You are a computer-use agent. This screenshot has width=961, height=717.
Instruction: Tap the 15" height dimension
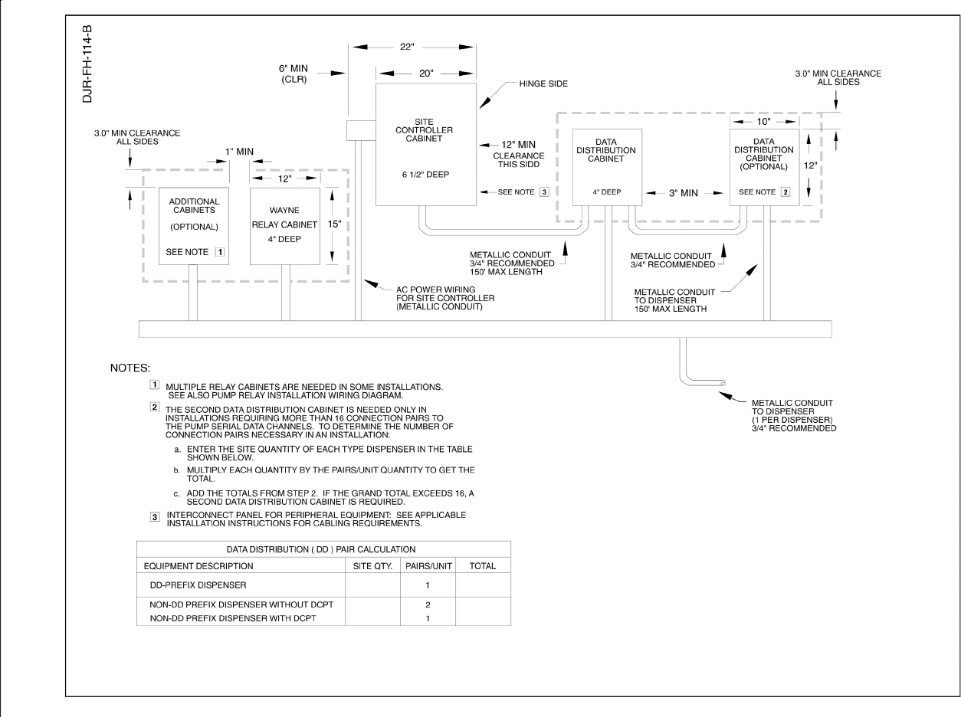coord(333,225)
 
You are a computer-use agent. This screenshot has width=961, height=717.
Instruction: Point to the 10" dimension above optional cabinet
coord(764,121)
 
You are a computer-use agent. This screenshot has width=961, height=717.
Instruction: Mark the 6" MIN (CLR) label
coord(294,74)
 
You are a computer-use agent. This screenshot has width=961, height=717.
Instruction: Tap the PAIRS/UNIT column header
coord(427,566)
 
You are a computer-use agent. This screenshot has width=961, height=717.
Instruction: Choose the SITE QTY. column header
coord(372,566)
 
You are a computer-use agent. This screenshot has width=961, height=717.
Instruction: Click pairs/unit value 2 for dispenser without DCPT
coord(427,605)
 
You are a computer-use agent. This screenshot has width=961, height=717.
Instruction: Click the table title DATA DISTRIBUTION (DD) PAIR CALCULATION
coord(323,549)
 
